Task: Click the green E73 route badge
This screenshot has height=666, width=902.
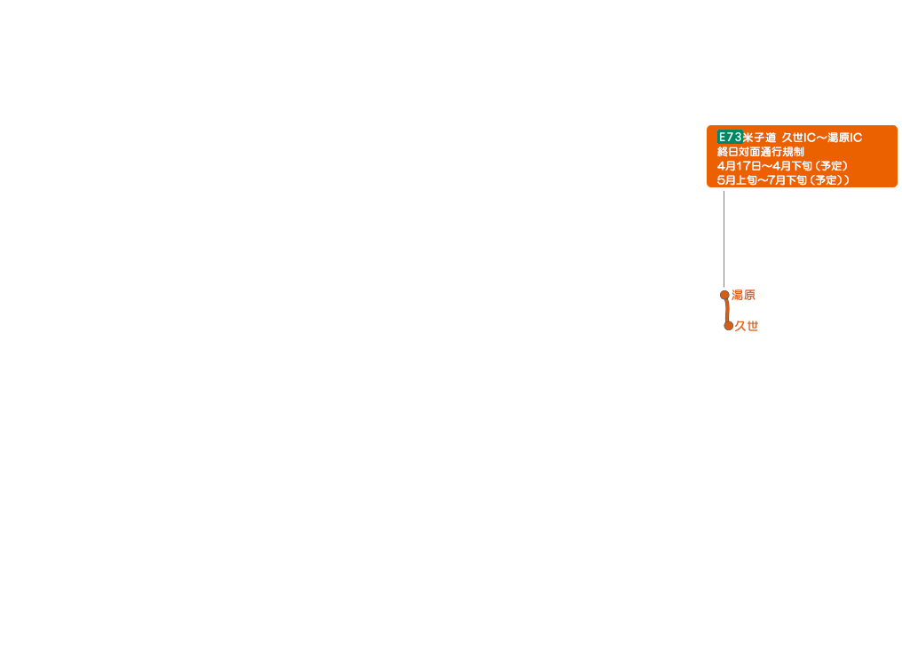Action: (x=729, y=137)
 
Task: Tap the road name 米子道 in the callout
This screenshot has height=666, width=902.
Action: (x=759, y=138)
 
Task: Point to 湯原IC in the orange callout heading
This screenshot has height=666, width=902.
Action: (x=844, y=138)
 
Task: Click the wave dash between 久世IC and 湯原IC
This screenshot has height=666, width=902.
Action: (x=820, y=138)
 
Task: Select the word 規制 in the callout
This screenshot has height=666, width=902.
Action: (x=793, y=152)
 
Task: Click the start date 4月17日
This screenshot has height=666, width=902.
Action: (x=739, y=166)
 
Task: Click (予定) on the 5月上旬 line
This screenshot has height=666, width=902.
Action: (x=823, y=180)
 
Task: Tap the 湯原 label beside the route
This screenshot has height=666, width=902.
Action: (x=743, y=295)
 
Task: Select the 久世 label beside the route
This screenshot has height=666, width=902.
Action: (x=747, y=326)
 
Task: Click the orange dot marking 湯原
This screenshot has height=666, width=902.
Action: (x=724, y=295)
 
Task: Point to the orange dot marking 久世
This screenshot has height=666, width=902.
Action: (x=728, y=326)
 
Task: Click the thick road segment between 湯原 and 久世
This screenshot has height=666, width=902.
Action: (x=726, y=311)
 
